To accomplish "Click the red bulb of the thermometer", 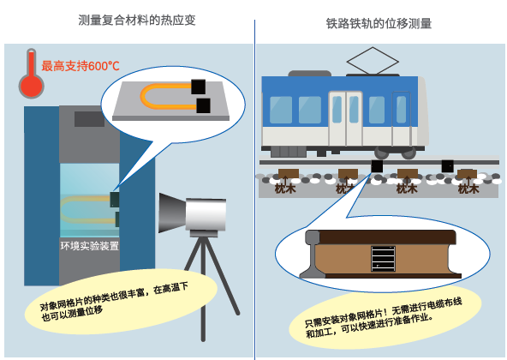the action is (x=31, y=87).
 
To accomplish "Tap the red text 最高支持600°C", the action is (x=81, y=66).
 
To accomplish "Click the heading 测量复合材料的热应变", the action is (x=137, y=20).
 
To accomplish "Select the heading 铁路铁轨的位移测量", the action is (x=379, y=24).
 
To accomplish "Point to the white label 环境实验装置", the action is (x=90, y=246).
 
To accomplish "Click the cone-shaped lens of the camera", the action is (x=172, y=213).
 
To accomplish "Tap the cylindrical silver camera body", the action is (x=206, y=214).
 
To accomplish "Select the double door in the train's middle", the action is (x=345, y=119).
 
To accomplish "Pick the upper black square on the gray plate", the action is (x=198, y=87).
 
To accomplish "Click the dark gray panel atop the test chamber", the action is (x=90, y=119).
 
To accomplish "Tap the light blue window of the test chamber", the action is (x=90, y=200).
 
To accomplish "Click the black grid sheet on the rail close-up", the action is (x=383, y=259).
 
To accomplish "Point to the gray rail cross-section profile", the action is (x=311, y=254).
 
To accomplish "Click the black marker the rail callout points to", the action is (x=377, y=166).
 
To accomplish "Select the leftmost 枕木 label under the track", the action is (x=285, y=189).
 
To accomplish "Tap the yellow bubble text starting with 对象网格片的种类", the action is (x=114, y=302).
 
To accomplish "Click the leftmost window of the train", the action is (x=281, y=110).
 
